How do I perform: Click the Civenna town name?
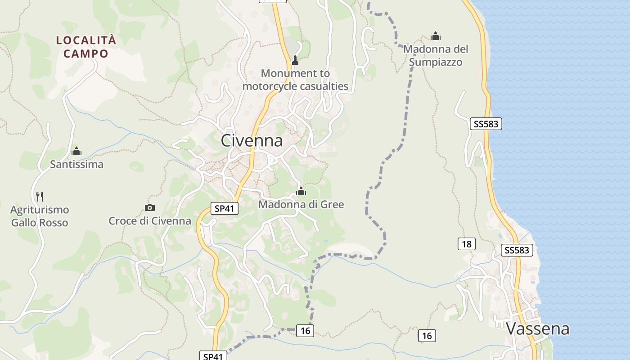coord(252,141)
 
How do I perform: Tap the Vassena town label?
coord(538,329)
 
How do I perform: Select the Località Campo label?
coord(86,47)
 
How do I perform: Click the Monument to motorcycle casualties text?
coord(295,80)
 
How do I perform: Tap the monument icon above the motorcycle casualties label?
coord(295,60)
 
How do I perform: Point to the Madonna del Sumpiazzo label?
coord(436,55)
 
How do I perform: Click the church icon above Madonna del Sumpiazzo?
coord(436,36)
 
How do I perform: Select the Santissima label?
coord(76,164)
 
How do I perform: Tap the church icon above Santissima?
coord(76,151)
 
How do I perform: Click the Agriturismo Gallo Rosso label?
coord(40,216)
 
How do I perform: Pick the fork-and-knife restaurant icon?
coord(40,196)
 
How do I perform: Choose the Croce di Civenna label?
coord(150,221)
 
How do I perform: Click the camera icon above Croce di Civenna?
coord(150,207)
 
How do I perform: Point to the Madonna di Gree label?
coord(301,205)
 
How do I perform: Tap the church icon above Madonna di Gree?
coord(301,192)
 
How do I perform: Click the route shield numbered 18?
coord(467,244)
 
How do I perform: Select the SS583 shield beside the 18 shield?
coord(517,250)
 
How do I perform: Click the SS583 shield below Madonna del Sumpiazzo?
coord(486,124)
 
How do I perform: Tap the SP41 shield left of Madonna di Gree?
coord(225,209)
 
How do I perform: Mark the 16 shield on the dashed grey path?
coord(305,331)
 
